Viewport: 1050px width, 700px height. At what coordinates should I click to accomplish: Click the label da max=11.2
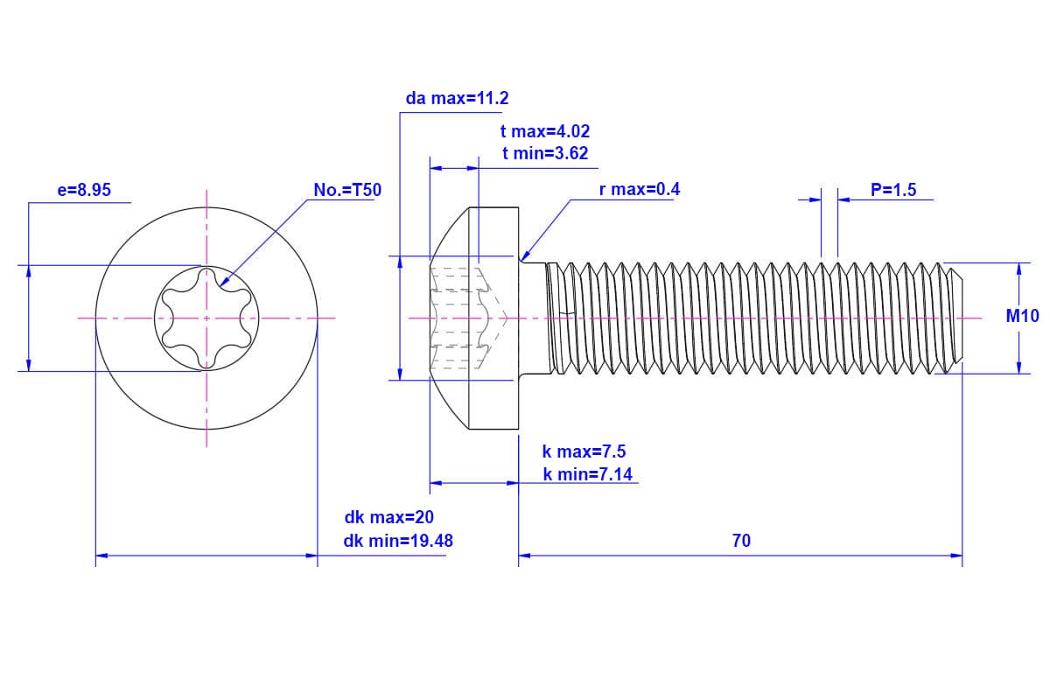click(457, 98)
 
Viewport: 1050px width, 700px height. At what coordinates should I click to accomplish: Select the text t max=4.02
click(545, 132)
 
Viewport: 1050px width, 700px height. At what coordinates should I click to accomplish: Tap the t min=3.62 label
click(545, 154)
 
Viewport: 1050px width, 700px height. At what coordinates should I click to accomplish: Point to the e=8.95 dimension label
click(84, 190)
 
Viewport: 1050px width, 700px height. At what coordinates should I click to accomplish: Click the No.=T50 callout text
click(347, 190)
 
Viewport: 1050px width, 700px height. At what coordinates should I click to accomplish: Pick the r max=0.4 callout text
click(640, 190)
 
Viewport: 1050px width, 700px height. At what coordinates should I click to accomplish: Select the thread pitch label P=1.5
click(893, 190)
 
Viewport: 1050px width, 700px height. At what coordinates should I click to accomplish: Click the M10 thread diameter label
click(1022, 317)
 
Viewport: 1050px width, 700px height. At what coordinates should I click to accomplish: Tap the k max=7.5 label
click(584, 452)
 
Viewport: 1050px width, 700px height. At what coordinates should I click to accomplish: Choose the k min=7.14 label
click(588, 474)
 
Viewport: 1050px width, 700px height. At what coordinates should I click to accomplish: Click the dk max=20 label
click(388, 518)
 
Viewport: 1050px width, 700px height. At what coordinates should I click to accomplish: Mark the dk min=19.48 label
click(398, 541)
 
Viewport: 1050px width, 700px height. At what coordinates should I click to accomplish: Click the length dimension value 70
click(741, 541)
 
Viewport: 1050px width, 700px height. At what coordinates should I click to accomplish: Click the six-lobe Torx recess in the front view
click(207, 318)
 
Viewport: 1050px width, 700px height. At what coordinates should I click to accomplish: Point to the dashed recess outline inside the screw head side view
click(468, 318)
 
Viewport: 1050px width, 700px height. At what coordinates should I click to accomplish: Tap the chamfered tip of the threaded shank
click(955, 318)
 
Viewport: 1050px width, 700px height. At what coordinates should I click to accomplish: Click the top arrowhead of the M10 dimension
click(1018, 269)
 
